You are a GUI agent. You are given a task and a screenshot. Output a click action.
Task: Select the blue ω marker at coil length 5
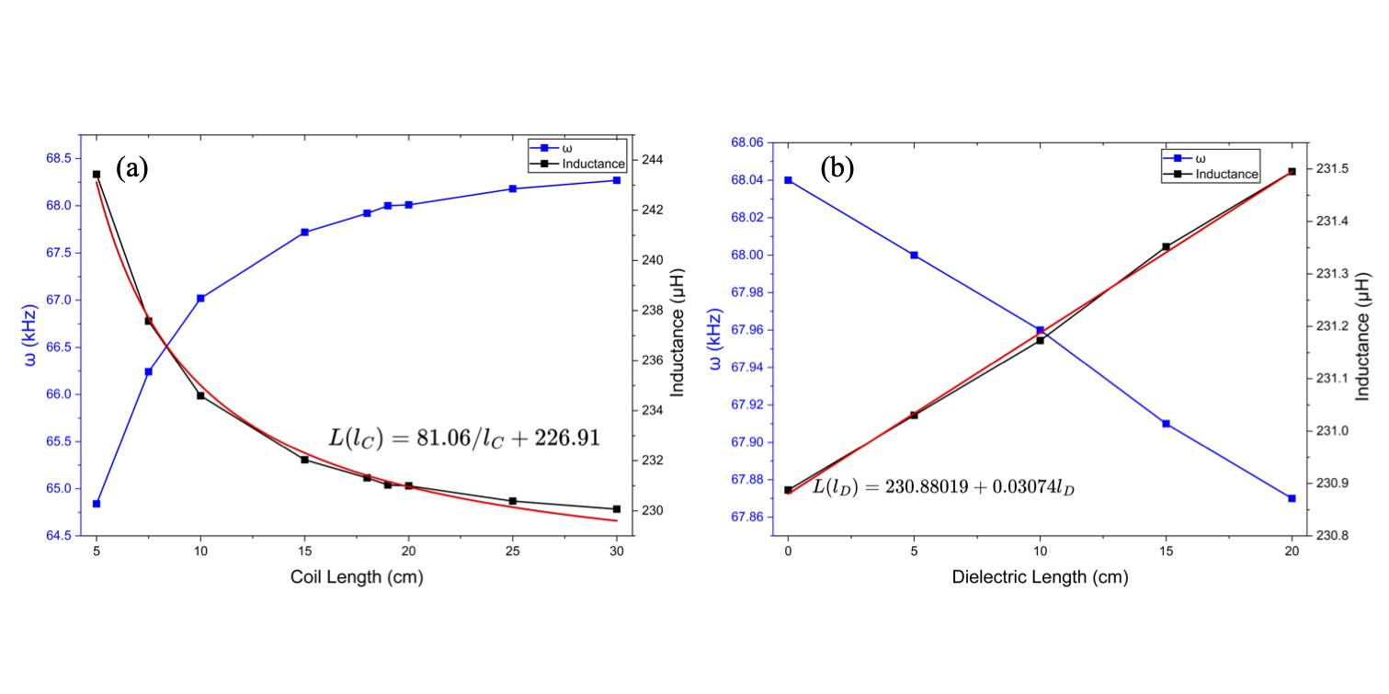tap(97, 504)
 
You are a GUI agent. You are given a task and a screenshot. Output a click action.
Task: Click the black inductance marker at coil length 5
tap(97, 174)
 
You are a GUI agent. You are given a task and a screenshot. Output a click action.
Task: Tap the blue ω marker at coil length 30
tap(617, 180)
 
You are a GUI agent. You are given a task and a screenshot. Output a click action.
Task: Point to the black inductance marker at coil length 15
tap(304, 459)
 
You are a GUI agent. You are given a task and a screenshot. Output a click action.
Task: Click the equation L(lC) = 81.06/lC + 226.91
tap(465, 438)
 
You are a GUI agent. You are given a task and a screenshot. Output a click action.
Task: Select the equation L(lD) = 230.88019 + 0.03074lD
tap(944, 487)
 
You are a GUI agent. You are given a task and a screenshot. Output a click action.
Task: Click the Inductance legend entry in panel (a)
tap(594, 164)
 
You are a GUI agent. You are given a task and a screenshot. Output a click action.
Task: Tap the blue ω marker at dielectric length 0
tap(788, 180)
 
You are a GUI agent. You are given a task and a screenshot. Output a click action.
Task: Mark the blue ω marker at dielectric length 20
tap(1292, 498)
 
